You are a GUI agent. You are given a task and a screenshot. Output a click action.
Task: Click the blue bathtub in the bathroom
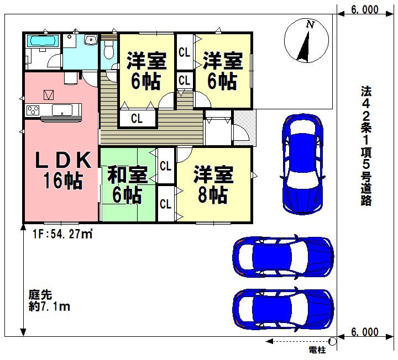click(43, 41)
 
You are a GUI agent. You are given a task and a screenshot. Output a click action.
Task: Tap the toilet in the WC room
click(109, 50)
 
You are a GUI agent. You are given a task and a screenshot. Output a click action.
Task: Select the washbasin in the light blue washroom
click(90, 40)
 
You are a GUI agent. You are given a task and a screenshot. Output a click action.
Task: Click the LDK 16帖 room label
click(63, 170)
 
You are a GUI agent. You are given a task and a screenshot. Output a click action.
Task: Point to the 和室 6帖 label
click(127, 184)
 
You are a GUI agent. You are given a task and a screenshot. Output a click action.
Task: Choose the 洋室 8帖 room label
click(213, 184)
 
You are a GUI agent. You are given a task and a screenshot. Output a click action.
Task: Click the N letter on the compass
click(310, 25)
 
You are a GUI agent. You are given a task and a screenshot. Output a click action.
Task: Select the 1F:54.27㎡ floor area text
click(62, 234)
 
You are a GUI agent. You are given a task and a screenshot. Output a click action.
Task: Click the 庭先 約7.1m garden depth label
click(49, 301)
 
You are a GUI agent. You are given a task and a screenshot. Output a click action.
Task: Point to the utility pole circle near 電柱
click(333, 341)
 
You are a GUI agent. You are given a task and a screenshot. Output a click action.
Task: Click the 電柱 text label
click(317, 350)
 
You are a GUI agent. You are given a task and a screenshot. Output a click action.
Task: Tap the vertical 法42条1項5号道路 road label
click(366, 146)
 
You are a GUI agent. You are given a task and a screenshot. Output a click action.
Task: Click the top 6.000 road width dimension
click(365, 9)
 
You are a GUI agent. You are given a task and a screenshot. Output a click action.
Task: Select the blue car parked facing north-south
click(302, 165)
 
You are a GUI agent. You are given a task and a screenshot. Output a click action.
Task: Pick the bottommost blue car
click(283, 309)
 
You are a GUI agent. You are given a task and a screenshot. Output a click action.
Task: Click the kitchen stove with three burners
click(33, 110)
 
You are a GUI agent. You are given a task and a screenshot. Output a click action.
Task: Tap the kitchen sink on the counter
click(62, 110)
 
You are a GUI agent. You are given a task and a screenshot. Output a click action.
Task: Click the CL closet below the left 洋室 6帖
click(137, 118)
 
